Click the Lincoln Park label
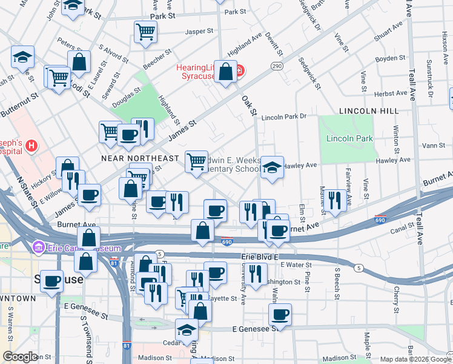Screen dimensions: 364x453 coord(349,139)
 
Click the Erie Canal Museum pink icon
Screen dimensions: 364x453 coord(39,248)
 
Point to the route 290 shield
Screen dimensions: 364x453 coord(277,66)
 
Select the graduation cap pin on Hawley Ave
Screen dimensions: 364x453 coord(272,167)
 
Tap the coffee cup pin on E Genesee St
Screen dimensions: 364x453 coord(280,314)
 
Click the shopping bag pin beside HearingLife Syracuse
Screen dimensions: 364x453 coord(226,72)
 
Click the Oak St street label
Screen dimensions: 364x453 coord(250,106)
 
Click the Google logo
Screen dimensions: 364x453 coord(21,356)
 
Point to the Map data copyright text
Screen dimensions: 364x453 coord(415,359)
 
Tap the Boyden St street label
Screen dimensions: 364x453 coord(389,58)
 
